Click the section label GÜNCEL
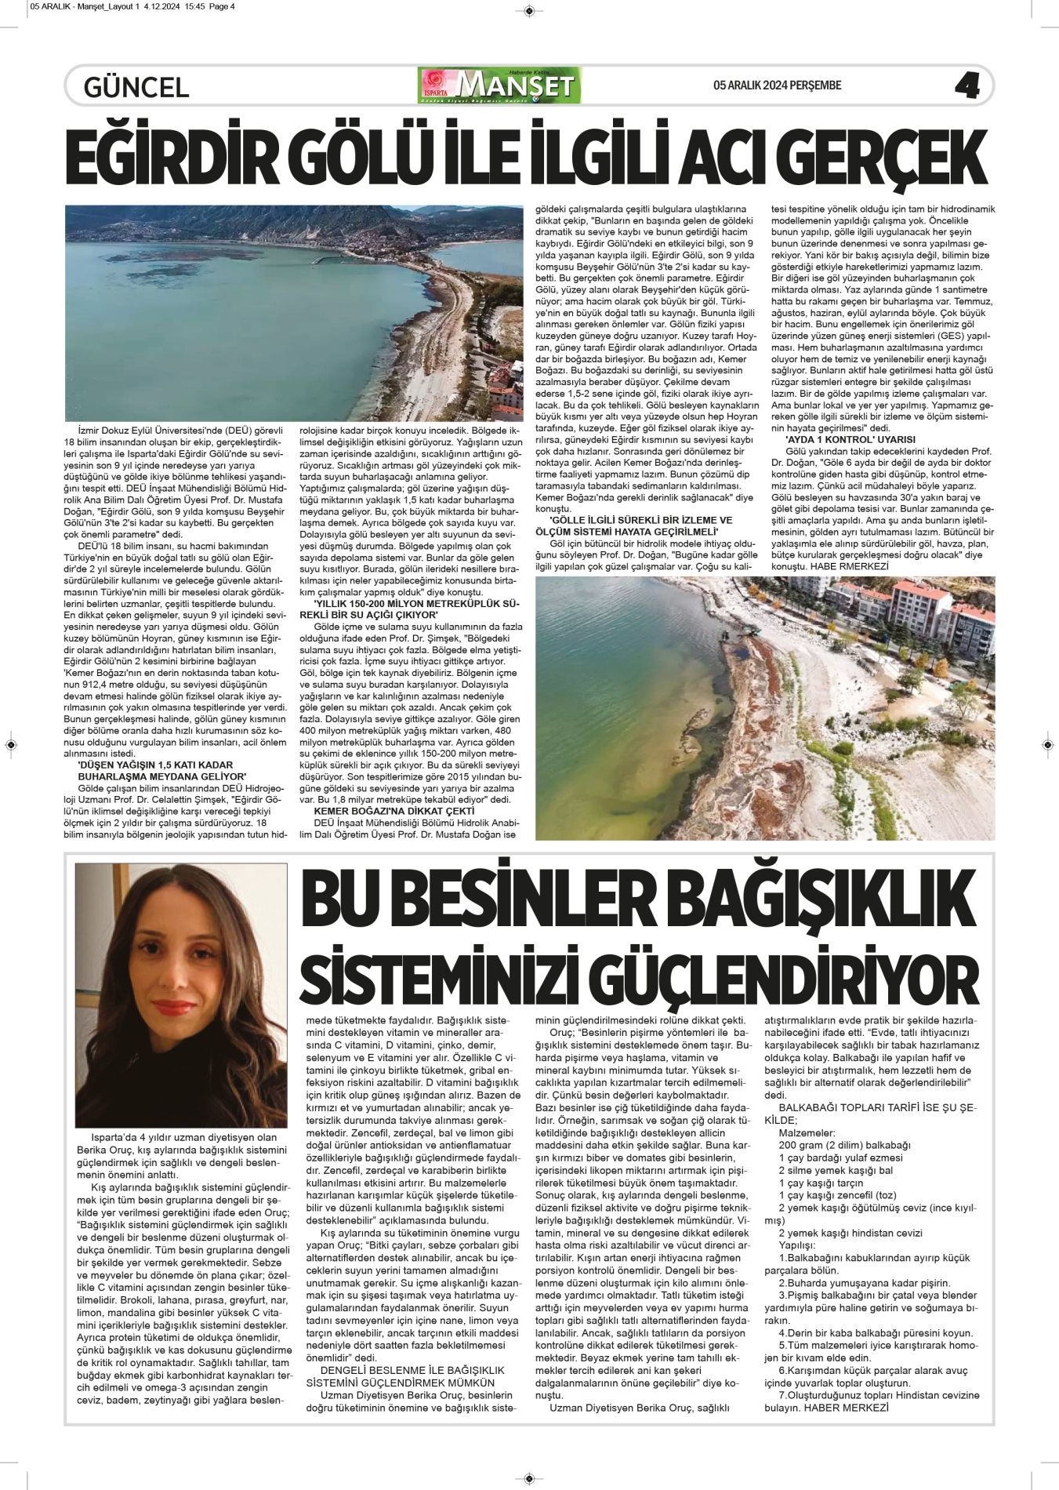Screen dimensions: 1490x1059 tap(136, 87)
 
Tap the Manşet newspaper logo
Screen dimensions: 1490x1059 tap(500, 85)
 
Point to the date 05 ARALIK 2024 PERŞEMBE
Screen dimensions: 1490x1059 tap(777, 85)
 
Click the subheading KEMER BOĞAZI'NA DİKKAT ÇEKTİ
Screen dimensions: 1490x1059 tap(393, 811)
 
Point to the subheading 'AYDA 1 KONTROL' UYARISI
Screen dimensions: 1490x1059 tap(850, 440)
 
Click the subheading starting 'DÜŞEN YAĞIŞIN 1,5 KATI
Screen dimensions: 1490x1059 tap(155, 771)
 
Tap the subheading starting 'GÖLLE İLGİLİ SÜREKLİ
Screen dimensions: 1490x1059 tap(640, 526)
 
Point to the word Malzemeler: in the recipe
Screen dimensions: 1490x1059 tap(807, 1133)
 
